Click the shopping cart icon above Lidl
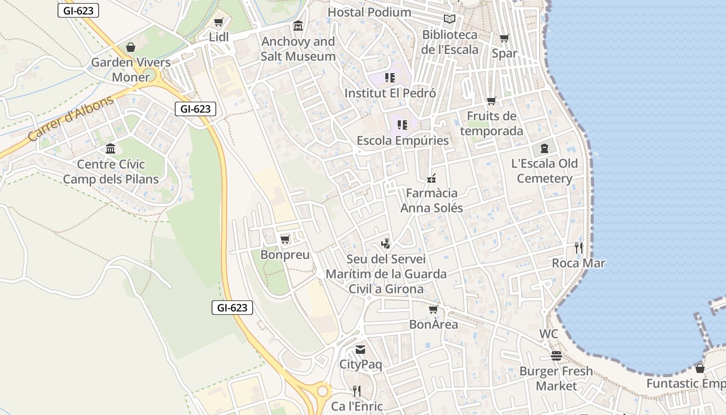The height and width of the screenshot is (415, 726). (218, 22)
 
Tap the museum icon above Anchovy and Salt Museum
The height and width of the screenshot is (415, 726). (298, 26)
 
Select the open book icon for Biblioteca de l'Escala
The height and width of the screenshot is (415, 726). (450, 19)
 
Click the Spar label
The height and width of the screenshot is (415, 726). (504, 53)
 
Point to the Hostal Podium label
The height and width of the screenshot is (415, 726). (369, 12)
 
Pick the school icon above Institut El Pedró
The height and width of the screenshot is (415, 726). (390, 78)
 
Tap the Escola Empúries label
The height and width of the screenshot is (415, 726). (402, 141)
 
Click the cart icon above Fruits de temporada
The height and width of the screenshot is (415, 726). (491, 101)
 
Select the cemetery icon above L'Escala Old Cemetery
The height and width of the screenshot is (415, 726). (544, 148)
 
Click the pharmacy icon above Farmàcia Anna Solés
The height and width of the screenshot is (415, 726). (431, 178)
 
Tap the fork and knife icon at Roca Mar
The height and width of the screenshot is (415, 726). (579, 248)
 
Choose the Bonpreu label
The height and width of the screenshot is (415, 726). (285, 255)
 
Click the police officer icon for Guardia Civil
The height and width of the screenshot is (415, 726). (385, 243)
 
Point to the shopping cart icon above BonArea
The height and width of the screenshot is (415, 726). (434, 309)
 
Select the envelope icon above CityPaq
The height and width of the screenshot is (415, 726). (360, 350)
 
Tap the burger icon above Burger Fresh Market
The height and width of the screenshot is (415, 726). (556, 356)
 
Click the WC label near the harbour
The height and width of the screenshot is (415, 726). (548, 334)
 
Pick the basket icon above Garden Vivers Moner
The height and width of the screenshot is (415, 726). (131, 48)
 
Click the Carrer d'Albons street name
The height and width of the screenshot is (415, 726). (71, 119)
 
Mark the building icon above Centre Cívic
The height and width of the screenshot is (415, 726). (110, 149)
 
